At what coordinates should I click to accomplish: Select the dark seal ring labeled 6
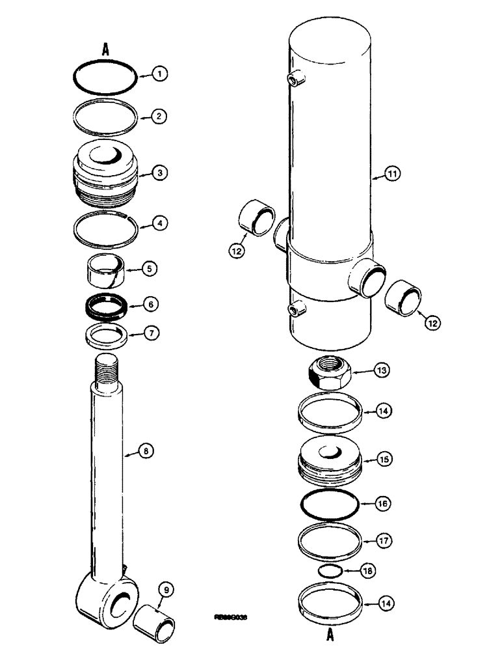pos(107,305)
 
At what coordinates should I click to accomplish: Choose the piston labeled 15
pos(329,460)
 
